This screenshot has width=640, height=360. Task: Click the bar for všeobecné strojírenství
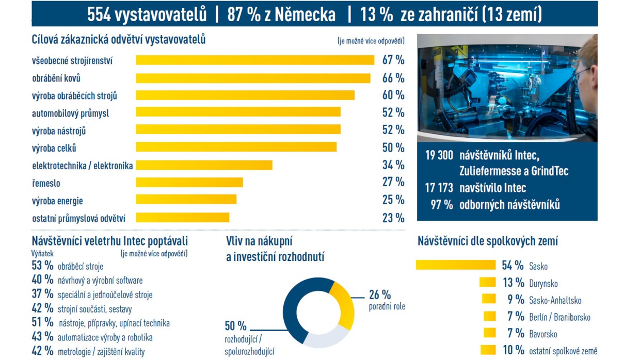click(x=255, y=60)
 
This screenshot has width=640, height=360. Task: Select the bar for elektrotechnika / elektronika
click(x=204, y=166)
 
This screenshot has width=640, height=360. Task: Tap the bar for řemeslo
click(x=189, y=183)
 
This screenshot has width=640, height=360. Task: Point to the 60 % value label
click(x=393, y=95)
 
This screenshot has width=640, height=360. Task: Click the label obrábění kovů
click(x=56, y=78)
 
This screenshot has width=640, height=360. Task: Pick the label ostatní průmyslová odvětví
click(x=78, y=218)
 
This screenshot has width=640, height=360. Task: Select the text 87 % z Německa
click(x=281, y=14)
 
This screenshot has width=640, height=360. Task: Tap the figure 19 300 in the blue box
click(x=439, y=155)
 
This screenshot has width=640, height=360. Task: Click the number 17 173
click(x=439, y=188)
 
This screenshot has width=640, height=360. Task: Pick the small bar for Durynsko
click(x=487, y=282)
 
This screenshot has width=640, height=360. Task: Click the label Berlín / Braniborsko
click(x=559, y=317)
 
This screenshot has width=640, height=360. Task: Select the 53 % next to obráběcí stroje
click(x=42, y=266)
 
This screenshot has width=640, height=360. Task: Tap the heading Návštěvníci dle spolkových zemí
click(x=487, y=241)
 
